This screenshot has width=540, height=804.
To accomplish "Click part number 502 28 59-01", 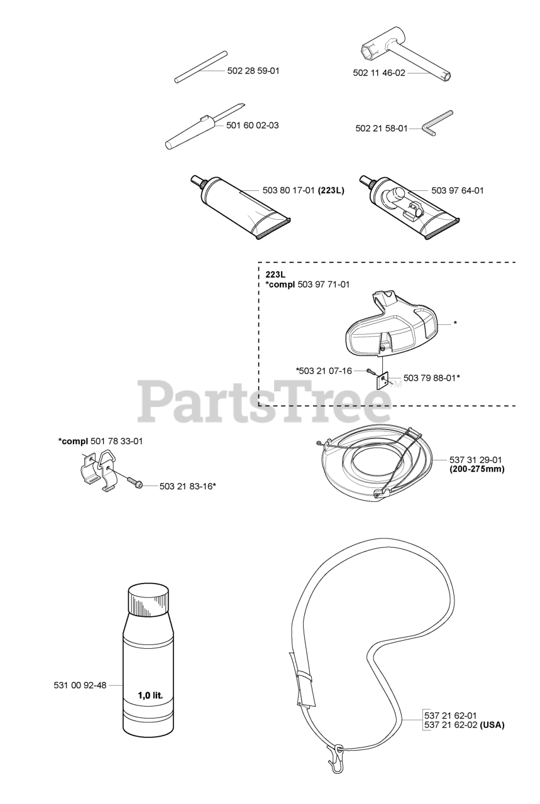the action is [x=253, y=71].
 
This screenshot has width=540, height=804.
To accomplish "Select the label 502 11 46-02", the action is [x=379, y=73].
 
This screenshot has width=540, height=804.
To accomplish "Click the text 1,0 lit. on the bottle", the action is [x=150, y=695].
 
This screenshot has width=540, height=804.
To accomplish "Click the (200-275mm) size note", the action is [x=477, y=469].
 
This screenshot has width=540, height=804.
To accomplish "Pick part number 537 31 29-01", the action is [x=476, y=459].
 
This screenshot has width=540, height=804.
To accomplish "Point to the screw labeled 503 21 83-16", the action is [x=135, y=482].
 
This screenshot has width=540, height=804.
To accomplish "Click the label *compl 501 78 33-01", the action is [x=101, y=441].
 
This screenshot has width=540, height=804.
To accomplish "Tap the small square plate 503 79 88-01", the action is [x=382, y=380].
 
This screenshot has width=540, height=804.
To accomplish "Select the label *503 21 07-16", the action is [x=324, y=371].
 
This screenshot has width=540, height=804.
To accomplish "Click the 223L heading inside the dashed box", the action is [x=274, y=274].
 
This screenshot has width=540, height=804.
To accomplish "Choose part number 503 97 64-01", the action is [x=458, y=190].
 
